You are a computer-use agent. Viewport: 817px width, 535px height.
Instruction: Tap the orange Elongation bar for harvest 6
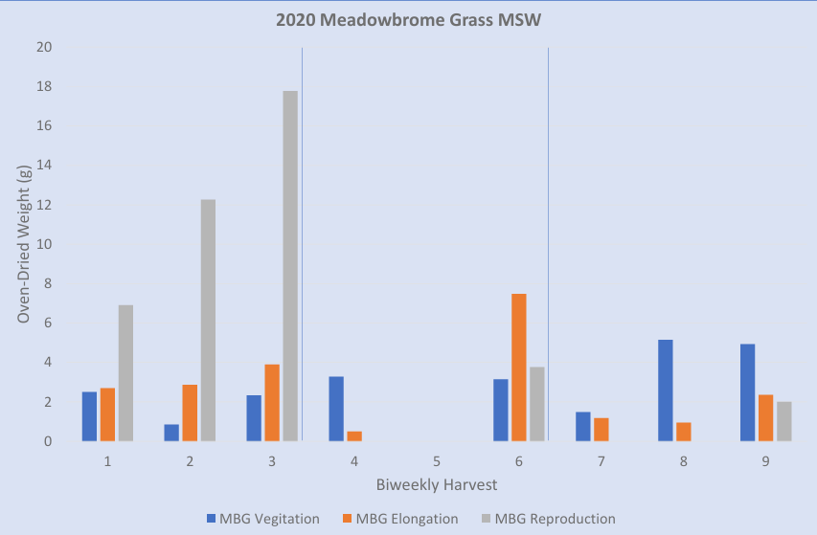pyautogui.click(x=518, y=368)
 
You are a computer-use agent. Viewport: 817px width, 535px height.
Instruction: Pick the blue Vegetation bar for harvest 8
pyautogui.click(x=666, y=390)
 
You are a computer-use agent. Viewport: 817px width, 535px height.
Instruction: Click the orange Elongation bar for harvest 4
pyautogui.click(x=354, y=436)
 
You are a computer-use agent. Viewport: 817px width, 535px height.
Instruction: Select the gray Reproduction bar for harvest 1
pyautogui.click(x=125, y=373)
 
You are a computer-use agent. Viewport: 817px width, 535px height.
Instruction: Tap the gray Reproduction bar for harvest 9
pyautogui.click(x=783, y=422)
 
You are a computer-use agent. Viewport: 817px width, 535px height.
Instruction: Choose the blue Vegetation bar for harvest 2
pyautogui.click(x=171, y=433)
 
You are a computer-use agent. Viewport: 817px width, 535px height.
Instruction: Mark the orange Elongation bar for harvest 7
pyautogui.click(x=601, y=430)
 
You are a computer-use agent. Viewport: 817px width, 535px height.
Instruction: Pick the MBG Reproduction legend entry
pyautogui.click(x=545, y=519)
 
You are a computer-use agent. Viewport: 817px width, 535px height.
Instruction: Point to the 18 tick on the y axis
pyautogui.click(x=44, y=87)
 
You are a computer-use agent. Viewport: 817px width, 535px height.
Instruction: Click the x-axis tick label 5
pyautogui.click(x=436, y=461)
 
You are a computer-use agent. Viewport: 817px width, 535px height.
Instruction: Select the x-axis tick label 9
pyautogui.click(x=765, y=461)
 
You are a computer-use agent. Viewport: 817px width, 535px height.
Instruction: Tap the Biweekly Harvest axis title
pyautogui.click(x=436, y=484)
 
